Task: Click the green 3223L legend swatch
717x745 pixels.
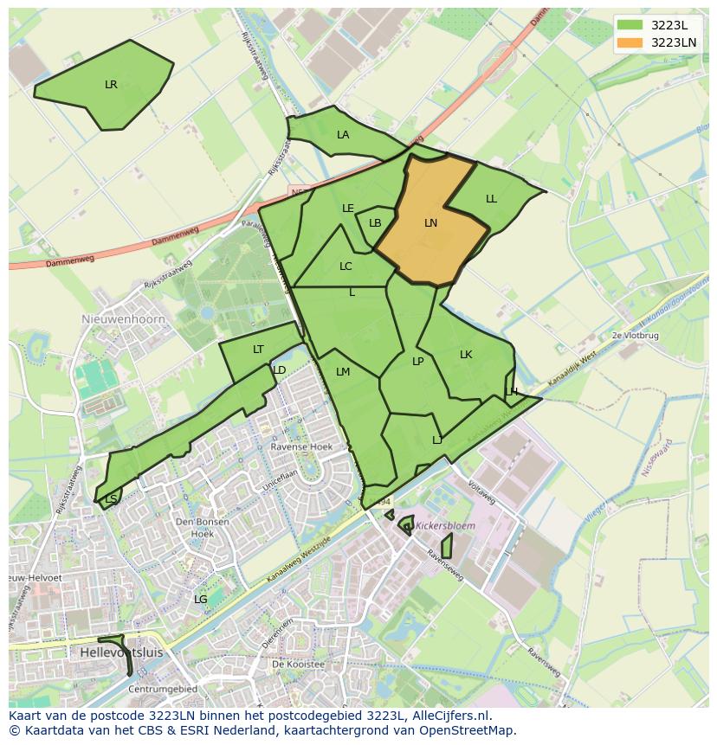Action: (x=630, y=24)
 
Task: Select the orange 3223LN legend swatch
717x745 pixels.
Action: (x=630, y=42)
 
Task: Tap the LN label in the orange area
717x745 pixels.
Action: (x=430, y=223)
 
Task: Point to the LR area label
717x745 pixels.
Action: (x=111, y=85)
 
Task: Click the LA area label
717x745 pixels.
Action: (x=343, y=135)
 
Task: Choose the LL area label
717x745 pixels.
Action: (x=491, y=199)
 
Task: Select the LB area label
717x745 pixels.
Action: (x=375, y=223)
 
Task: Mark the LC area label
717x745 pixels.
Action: (x=346, y=267)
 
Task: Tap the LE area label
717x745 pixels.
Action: (x=348, y=209)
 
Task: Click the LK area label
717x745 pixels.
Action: (x=466, y=355)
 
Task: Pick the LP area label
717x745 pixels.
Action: (x=418, y=362)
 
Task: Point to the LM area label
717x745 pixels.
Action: (x=343, y=372)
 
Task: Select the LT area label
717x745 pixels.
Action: (x=258, y=350)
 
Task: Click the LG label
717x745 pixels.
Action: (x=200, y=599)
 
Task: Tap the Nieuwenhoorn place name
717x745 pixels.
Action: (x=117, y=318)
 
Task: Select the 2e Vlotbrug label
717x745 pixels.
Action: (x=635, y=335)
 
